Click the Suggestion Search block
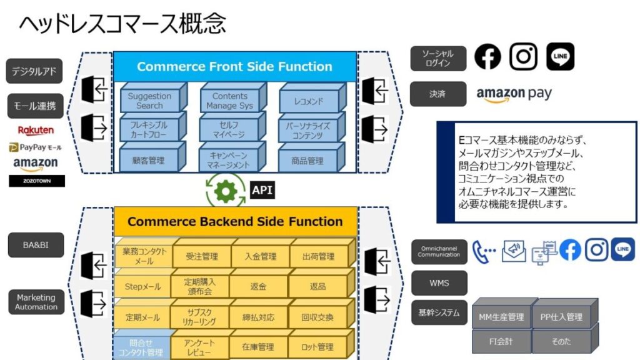point(149,101)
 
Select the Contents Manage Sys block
point(229,101)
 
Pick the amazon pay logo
point(514,94)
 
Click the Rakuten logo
point(36,131)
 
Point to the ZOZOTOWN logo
point(37,181)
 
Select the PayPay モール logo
point(36,147)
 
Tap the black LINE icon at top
point(560,57)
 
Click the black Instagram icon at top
point(523,57)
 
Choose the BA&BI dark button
point(36,245)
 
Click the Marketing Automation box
point(36,302)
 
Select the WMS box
point(439,283)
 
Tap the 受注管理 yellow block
point(202,256)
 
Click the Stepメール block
point(143,287)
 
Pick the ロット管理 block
point(317,347)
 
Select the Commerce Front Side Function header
point(234,66)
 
